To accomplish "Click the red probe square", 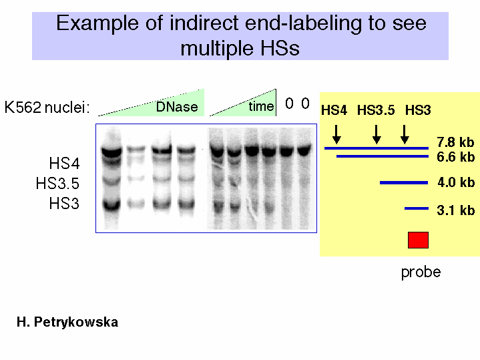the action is click(x=418, y=240).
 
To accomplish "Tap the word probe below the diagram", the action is click(x=421, y=272).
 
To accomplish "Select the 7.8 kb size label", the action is click(x=455, y=142).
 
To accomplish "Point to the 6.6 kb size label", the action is click(x=455, y=157).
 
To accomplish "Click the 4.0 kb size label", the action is click(x=456, y=182).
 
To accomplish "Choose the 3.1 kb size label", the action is click(x=455, y=210).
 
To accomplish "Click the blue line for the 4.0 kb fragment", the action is click(x=404, y=182).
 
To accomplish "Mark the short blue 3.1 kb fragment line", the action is click(x=417, y=208).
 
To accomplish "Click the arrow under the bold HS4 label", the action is click(x=336, y=134).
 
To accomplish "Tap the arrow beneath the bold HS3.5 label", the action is click(x=377, y=134).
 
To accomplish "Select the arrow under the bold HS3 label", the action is click(x=405, y=134).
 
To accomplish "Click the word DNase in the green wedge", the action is click(x=177, y=107).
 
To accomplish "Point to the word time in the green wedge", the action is click(x=261, y=106).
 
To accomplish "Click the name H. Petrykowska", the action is click(x=67, y=323).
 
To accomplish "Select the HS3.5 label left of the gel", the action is click(x=57, y=183).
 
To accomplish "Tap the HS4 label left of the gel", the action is click(x=64, y=163).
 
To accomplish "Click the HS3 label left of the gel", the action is click(x=64, y=204).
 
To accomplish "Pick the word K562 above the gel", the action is click(x=23, y=108).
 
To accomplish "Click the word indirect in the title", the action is click(x=204, y=23).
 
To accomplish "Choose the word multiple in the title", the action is click(x=217, y=48).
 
